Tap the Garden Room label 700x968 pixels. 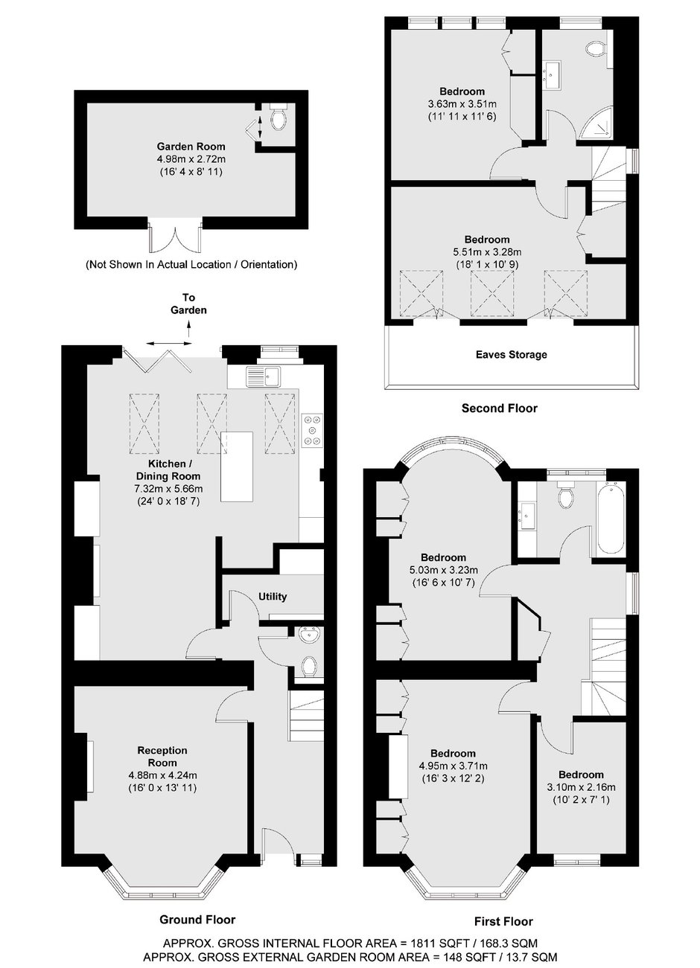click(x=191, y=147)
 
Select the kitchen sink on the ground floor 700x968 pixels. click(x=264, y=376)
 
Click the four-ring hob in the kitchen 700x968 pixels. click(x=313, y=429)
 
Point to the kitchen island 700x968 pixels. click(x=237, y=467)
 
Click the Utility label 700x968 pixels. click(x=273, y=597)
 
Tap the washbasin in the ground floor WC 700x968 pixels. click(x=309, y=634)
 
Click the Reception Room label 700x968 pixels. click(x=162, y=757)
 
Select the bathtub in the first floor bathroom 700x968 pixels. click(x=611, y=519)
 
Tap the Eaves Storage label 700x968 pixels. click(x=512, y=355)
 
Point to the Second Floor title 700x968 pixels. click(x=499, y=408)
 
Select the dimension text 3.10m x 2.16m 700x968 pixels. click(x=581, y=787)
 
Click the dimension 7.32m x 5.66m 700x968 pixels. click(x=168, y=489)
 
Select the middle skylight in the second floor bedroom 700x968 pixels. click(x=492, y=293)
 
